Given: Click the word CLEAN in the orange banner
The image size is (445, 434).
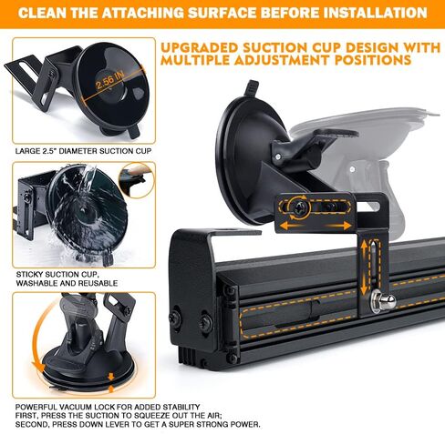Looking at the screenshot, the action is [42, 13].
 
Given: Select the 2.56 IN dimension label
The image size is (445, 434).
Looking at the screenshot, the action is [110, 80].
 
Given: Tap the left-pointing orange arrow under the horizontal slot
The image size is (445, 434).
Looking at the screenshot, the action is [292, 226].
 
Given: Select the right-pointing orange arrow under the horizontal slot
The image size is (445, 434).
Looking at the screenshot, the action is [339, 226].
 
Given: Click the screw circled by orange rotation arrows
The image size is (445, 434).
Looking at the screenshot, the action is [298, 208].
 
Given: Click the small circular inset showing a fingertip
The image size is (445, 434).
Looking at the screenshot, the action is [137, 180].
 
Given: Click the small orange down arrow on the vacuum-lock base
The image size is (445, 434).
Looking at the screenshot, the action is [111, 377].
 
